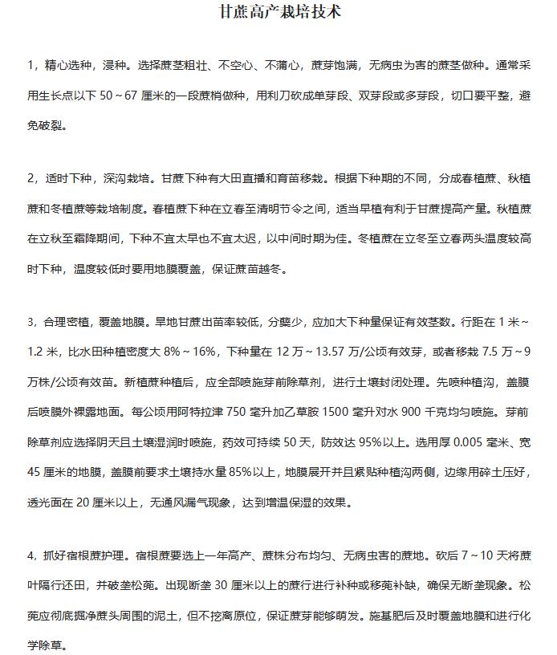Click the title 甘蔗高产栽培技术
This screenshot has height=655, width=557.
pyautogui.click(x=278, y=14)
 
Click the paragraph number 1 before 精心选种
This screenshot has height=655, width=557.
pyautogui.click(x=30, y=63)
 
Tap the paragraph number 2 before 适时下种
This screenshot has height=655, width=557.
pyautogui.click(x=30, y=177)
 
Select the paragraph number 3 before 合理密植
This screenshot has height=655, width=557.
pyautogui.click(x=30, y=322)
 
